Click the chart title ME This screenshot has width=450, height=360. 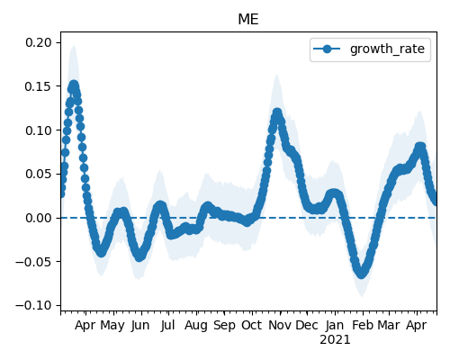248,20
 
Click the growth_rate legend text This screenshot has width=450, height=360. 387,49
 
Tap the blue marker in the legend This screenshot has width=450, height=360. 327,49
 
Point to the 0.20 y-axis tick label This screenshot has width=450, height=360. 39,42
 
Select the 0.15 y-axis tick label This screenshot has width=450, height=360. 39,86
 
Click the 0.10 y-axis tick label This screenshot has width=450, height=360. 39,130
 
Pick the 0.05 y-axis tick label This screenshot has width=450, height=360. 39,174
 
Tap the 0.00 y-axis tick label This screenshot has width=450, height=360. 39,218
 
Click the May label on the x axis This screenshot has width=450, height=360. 112,326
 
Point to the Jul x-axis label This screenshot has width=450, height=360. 167,325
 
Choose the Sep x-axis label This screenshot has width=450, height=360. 224,326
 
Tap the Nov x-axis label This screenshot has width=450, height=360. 280,325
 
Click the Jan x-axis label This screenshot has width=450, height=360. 335,325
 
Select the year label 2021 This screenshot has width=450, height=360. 335,340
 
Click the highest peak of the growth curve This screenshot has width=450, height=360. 74,85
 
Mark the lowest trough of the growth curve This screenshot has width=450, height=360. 362,273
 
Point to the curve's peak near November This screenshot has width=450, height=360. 277,113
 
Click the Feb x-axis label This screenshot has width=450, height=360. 363,325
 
